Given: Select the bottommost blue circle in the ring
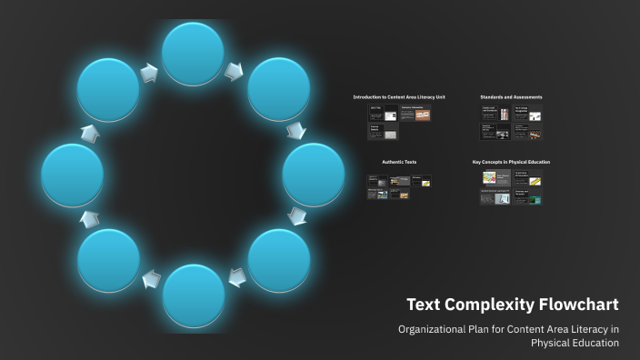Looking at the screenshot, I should pos(193,295).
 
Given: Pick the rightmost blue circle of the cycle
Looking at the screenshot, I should pos(314,175).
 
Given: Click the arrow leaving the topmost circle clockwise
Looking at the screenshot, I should pos(235,69).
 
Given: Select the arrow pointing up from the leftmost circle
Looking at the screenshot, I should pos(90,134).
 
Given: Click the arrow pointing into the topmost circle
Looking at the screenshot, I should pos(148,70).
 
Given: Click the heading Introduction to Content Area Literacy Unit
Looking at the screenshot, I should pos(399,96).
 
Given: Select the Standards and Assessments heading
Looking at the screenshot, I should pos(511,96).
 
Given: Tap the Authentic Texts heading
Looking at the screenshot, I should pos(399,162).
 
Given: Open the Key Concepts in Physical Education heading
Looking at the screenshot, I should pos(511,162).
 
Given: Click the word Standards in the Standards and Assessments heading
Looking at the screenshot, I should pos(494,96).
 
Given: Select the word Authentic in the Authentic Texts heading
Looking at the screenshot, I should pos(392,162).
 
